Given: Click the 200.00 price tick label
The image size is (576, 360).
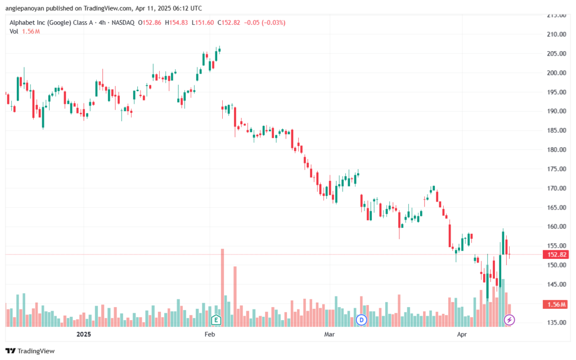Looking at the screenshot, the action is [556, 72].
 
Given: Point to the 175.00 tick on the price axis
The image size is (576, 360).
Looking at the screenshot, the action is [556, 169].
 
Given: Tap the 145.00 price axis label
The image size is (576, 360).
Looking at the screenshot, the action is [556, 284].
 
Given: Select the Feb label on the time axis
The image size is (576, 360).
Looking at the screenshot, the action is [209, 334].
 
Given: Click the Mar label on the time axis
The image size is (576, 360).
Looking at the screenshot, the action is [330, 334].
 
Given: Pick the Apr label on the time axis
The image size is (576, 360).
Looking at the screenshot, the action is [462, 334].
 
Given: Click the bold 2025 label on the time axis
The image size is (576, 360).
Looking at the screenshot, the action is [83, 334].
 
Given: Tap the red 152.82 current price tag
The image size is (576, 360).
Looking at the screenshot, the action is [556, 254].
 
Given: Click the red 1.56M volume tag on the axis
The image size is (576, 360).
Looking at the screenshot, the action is [556, 304].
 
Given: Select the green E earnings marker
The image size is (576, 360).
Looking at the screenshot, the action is [216, 320].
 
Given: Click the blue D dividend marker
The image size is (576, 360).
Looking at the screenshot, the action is [362, 320].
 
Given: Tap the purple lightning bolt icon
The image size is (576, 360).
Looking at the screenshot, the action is [509, 320].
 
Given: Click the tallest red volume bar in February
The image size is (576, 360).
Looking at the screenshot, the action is [222, 288].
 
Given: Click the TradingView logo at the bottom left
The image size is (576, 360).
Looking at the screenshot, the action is [30, 351].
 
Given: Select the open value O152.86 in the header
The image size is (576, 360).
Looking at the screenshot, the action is [150, 22].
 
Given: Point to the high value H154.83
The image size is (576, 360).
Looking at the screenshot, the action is [176, 22].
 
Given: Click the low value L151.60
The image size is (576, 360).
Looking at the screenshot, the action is [202, 22].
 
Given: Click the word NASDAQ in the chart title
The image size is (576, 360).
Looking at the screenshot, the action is [123, 22].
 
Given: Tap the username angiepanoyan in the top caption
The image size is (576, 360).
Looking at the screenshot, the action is [25, 8].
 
